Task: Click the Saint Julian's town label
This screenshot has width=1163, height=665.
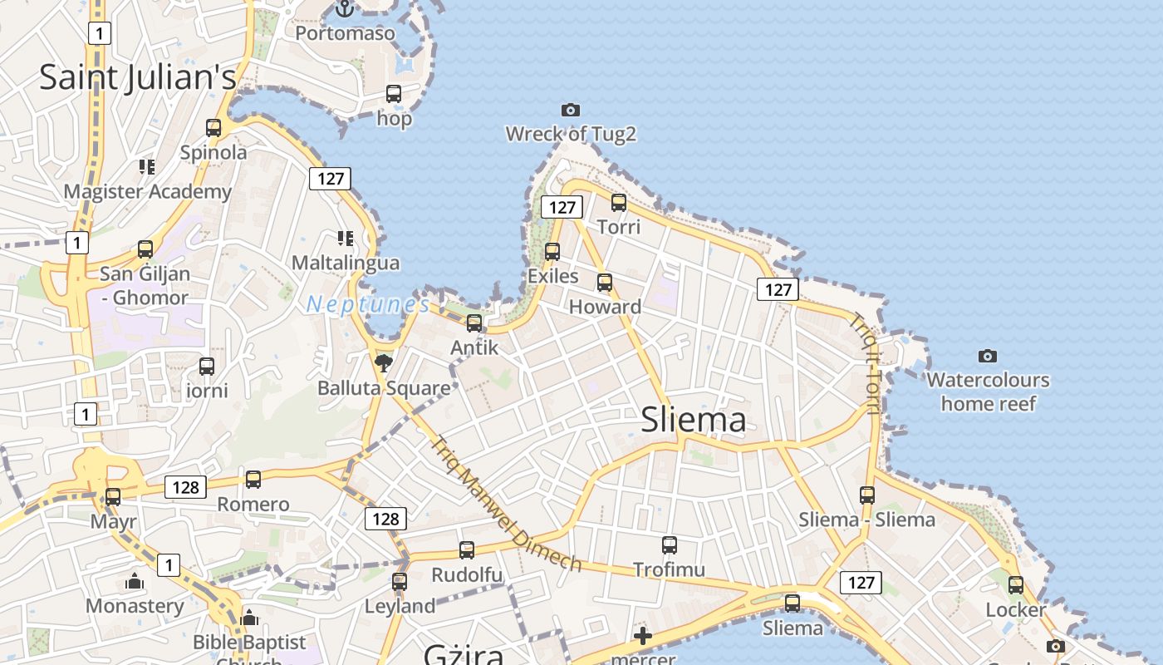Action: tap(138, 77)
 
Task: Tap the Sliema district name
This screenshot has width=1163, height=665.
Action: tap(694, 420)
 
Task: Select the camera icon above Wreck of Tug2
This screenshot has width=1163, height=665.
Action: tap(571, 110)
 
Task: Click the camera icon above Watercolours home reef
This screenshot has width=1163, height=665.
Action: tap(988, 356)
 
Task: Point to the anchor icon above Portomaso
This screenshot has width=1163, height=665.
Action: tap(345, 9)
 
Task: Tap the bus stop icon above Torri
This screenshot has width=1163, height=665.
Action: tap(619, 202)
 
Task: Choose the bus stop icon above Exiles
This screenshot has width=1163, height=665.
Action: tap(552, 251)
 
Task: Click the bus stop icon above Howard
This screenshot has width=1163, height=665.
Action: tap(605, 283)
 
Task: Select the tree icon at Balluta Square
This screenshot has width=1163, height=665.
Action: tap(383, 362)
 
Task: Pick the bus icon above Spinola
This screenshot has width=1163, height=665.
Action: tap(213, 128)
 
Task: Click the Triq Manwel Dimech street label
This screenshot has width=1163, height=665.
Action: tap(506, 505)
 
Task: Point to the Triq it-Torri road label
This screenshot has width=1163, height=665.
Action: tap(866, 362)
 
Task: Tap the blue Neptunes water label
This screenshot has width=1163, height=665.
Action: tap(367, 304)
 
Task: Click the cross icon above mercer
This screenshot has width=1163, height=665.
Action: tap(643, 637)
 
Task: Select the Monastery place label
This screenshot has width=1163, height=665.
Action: tap(135, 606)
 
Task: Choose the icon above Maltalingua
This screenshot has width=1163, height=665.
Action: tap(345, 239)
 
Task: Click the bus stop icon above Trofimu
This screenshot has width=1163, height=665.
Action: tap(670, 545)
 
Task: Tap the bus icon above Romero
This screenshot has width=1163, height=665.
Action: tap(253, 480)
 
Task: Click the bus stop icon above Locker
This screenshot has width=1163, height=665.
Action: tap(1016, 585)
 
